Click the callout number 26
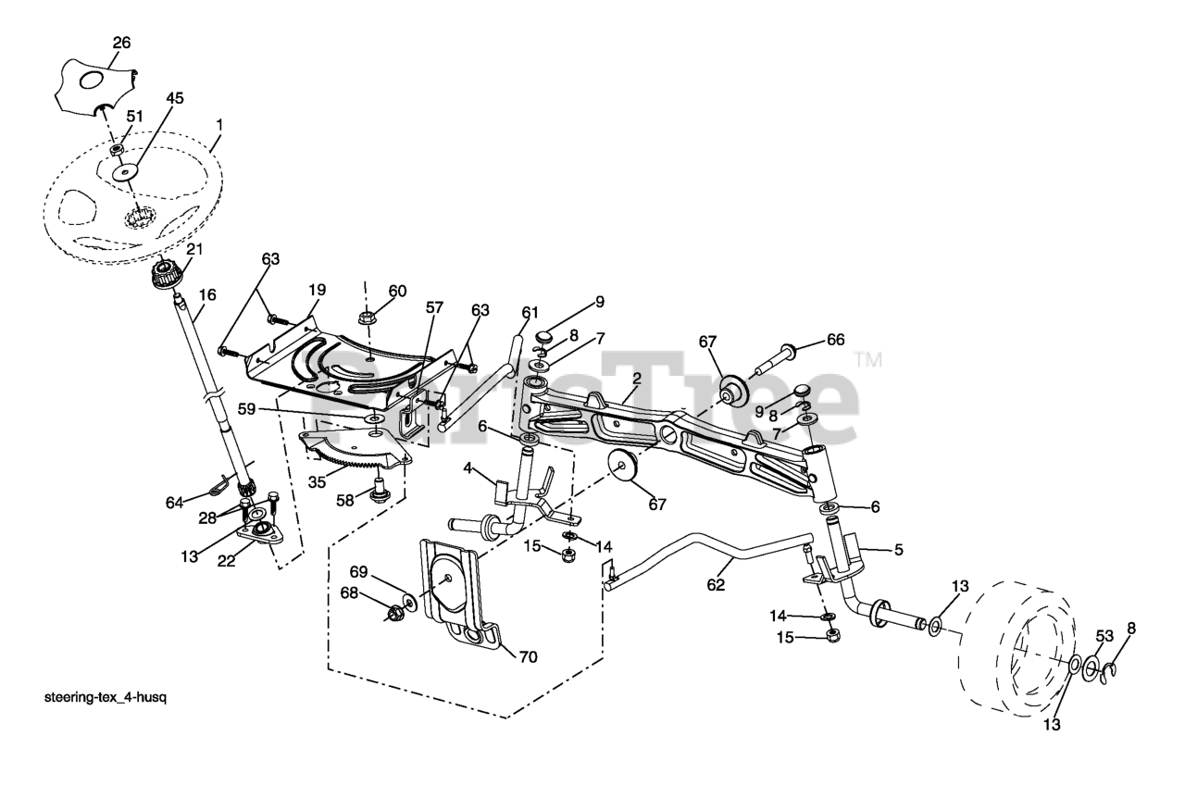(122, 42)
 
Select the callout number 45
(175, 97)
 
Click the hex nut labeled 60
(368, 317)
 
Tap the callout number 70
(528, 656)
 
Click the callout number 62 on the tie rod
(716, 585)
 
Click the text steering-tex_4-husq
(106, 697)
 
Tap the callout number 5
(897, 549)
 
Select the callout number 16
(207, 294)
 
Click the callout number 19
(317, 290)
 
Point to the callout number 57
(434, 305)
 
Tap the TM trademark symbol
(867, 357)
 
